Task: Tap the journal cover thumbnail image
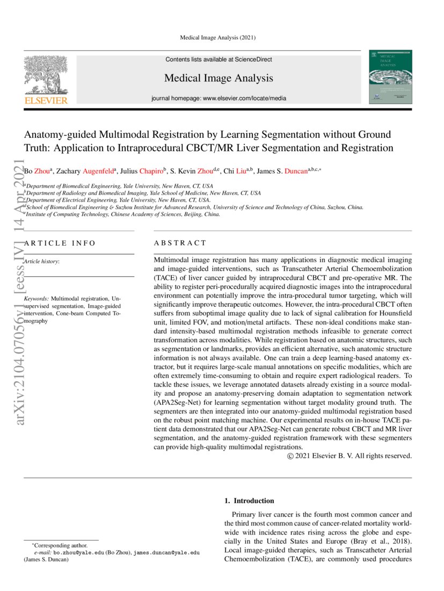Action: click(x=390, y=77)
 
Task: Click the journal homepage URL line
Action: click(x=219, y=98)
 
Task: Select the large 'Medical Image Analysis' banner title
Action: click(x=219, y=78)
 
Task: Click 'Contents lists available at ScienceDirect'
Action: click(x=219, y=60)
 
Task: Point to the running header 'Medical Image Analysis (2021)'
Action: click(x=217, y=38)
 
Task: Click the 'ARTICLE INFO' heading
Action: click(x=60, y=243)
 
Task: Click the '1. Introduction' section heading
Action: click(x=249, y=501)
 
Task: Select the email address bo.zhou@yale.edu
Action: click(x=78, y=552)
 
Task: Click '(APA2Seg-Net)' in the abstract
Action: click(x=177, y=402)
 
